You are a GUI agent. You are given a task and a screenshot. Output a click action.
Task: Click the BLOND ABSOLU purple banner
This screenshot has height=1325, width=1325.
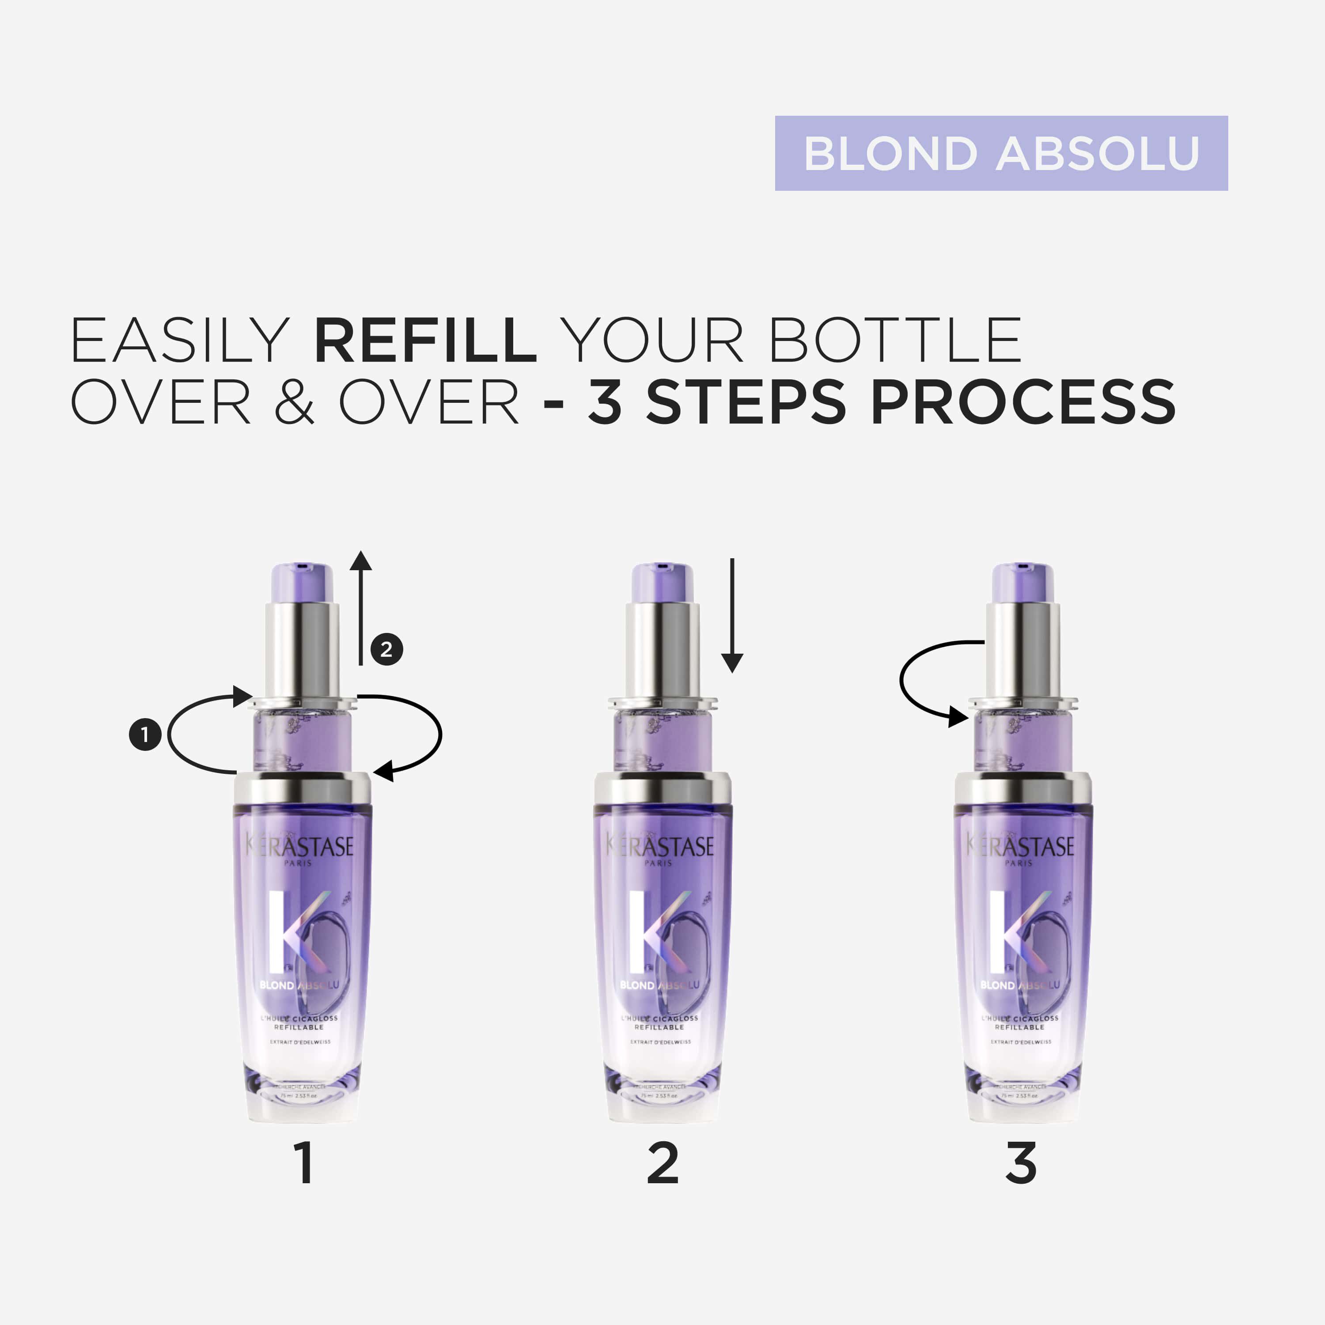click(x=1001, y=153)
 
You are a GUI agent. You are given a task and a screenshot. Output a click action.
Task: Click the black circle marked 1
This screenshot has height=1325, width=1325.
click(x=145, y=734)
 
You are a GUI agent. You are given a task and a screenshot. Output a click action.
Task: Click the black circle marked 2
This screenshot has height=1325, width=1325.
click(x=387, y=649)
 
